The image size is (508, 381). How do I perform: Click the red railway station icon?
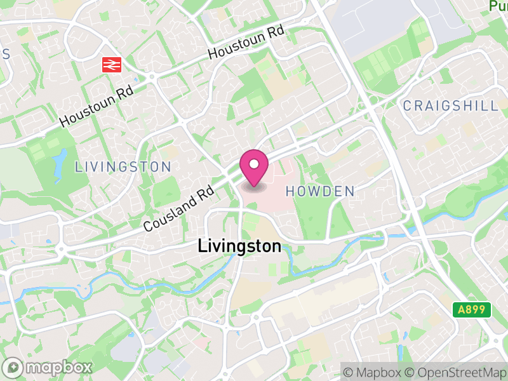pos(113,64)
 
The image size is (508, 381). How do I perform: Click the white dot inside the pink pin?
pos(254,164)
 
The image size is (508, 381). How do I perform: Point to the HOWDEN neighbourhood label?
pos(319,191)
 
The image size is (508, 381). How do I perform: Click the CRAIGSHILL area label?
pos(450,106)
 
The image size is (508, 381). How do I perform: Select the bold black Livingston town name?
pos(239,246)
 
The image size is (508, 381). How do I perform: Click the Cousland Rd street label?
pos(178,208)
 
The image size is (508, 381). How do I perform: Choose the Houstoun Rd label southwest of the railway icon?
pos(97,106)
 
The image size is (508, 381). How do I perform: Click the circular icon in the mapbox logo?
pos(14,367)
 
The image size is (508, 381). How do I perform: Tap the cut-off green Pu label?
pos(498,6)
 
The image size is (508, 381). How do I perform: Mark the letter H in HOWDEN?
pos(290,191)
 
